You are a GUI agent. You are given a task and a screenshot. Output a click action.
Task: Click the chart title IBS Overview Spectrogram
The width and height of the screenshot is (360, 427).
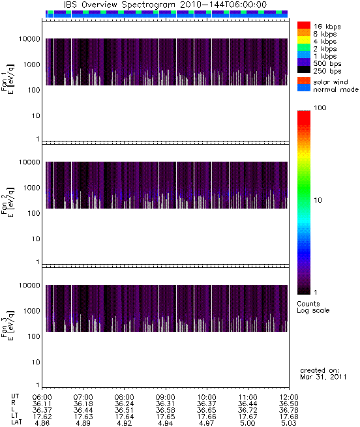(119, 5)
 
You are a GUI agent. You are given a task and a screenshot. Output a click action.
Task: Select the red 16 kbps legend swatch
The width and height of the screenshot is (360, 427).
(304, 25)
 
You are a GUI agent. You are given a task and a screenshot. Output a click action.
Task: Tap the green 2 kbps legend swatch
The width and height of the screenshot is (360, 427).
(304, 48)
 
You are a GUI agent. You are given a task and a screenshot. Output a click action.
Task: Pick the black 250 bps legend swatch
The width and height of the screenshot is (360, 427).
(304, 70)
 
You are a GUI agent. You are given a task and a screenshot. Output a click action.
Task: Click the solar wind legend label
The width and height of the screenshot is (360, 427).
(331, 82)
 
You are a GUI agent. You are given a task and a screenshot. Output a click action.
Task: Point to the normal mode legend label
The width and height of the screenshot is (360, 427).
(336, 89)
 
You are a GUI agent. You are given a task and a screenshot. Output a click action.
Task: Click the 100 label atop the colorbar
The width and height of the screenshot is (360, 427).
(320, 108)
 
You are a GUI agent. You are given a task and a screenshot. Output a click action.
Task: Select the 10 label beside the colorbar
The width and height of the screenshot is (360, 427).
(318, 200)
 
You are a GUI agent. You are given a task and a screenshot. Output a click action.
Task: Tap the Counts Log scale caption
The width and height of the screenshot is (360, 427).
(313, 307)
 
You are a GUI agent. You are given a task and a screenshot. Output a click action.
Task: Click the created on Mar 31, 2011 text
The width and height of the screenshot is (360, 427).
(323, 374)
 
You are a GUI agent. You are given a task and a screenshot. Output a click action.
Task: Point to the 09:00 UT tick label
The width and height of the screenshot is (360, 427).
(166, 397)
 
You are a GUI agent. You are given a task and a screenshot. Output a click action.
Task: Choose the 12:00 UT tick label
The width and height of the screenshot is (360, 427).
(289, 397)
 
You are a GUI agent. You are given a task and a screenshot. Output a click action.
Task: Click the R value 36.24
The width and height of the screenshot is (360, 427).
(125, 404)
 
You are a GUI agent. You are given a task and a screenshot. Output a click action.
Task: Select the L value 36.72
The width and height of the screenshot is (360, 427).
(248, 410)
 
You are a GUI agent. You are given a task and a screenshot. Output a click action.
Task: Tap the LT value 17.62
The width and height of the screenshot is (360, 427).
(42, 417)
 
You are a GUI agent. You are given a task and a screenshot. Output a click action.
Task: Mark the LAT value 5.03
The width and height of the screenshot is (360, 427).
(289, 423)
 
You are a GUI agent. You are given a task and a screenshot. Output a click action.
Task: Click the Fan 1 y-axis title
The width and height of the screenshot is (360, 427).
(8, 79)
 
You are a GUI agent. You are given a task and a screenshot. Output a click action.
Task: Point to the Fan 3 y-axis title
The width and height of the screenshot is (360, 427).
(8, 325)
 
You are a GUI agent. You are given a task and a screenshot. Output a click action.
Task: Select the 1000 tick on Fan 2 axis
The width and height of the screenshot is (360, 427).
(31, 188)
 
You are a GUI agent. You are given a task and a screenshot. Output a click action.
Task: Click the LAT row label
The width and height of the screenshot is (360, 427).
(16, 422)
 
